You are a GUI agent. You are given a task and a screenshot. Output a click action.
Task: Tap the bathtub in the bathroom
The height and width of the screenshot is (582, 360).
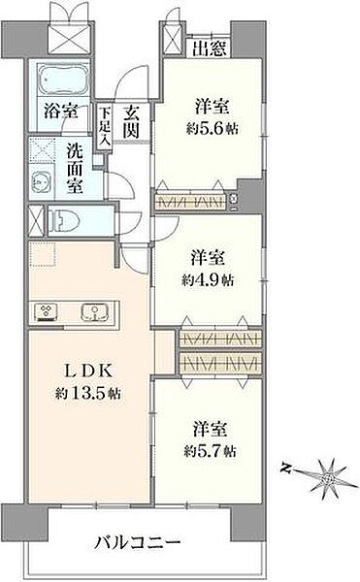coord(60,79)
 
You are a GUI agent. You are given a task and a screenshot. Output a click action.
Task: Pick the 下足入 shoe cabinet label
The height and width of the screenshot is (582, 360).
coord(104,126)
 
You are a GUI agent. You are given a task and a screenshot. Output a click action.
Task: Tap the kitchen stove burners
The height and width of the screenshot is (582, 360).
coord(49,310)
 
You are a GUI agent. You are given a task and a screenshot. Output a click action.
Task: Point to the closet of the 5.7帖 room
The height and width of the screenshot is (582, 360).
coord(220,362)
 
